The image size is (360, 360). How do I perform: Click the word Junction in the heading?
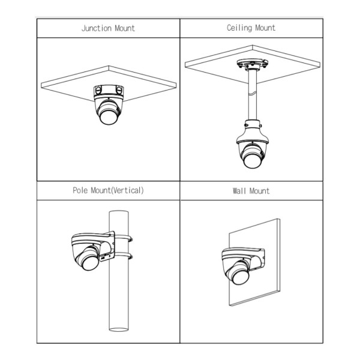[97, 28]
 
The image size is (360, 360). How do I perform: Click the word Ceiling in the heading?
[239, 28]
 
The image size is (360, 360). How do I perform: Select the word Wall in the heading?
[239, 191]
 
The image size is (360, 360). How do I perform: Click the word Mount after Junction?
[125, 28]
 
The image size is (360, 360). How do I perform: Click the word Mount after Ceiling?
[265, 28]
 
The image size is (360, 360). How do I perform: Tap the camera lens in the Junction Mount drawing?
[109, 118]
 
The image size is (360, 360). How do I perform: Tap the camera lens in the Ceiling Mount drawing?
[252, 161]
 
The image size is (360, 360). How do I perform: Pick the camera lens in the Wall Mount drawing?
[240, 277]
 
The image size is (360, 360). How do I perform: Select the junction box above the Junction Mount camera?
[109, 91]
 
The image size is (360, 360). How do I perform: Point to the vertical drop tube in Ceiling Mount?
[253, 95]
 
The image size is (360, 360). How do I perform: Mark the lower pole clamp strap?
[123, 256]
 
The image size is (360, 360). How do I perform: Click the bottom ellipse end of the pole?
[118, 329]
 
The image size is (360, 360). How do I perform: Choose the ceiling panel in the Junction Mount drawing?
[109, 83]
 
